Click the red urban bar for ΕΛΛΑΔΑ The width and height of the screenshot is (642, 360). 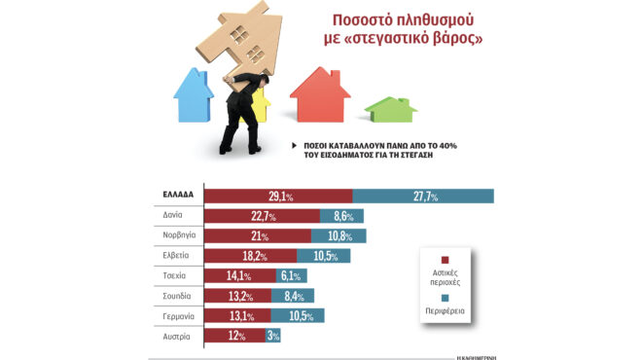(x=277, y=196)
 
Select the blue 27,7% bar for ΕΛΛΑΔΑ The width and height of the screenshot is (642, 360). (x=422, y=196)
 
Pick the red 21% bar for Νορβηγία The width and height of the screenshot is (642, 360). (x=257, y=235)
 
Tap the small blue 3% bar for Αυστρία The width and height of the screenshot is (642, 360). (x=273, y=337)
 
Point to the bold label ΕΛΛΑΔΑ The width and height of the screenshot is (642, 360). (x=173, y=196)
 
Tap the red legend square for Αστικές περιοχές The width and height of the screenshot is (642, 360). (x=445, y=260)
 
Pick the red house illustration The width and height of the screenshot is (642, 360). (x=320, y=94)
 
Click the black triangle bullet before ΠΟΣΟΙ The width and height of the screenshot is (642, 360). (x=294, y=145)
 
